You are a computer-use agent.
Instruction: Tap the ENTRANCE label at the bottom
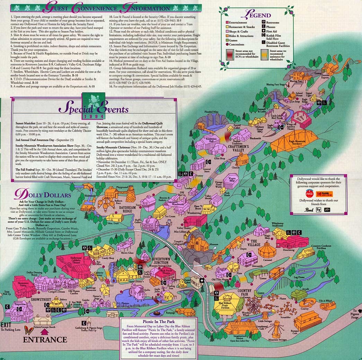click(45, 340)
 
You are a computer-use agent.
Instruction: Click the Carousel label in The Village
click(267, 259)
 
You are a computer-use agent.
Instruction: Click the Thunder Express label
click(324, 78)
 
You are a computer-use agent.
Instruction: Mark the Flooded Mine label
click(211, 112)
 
